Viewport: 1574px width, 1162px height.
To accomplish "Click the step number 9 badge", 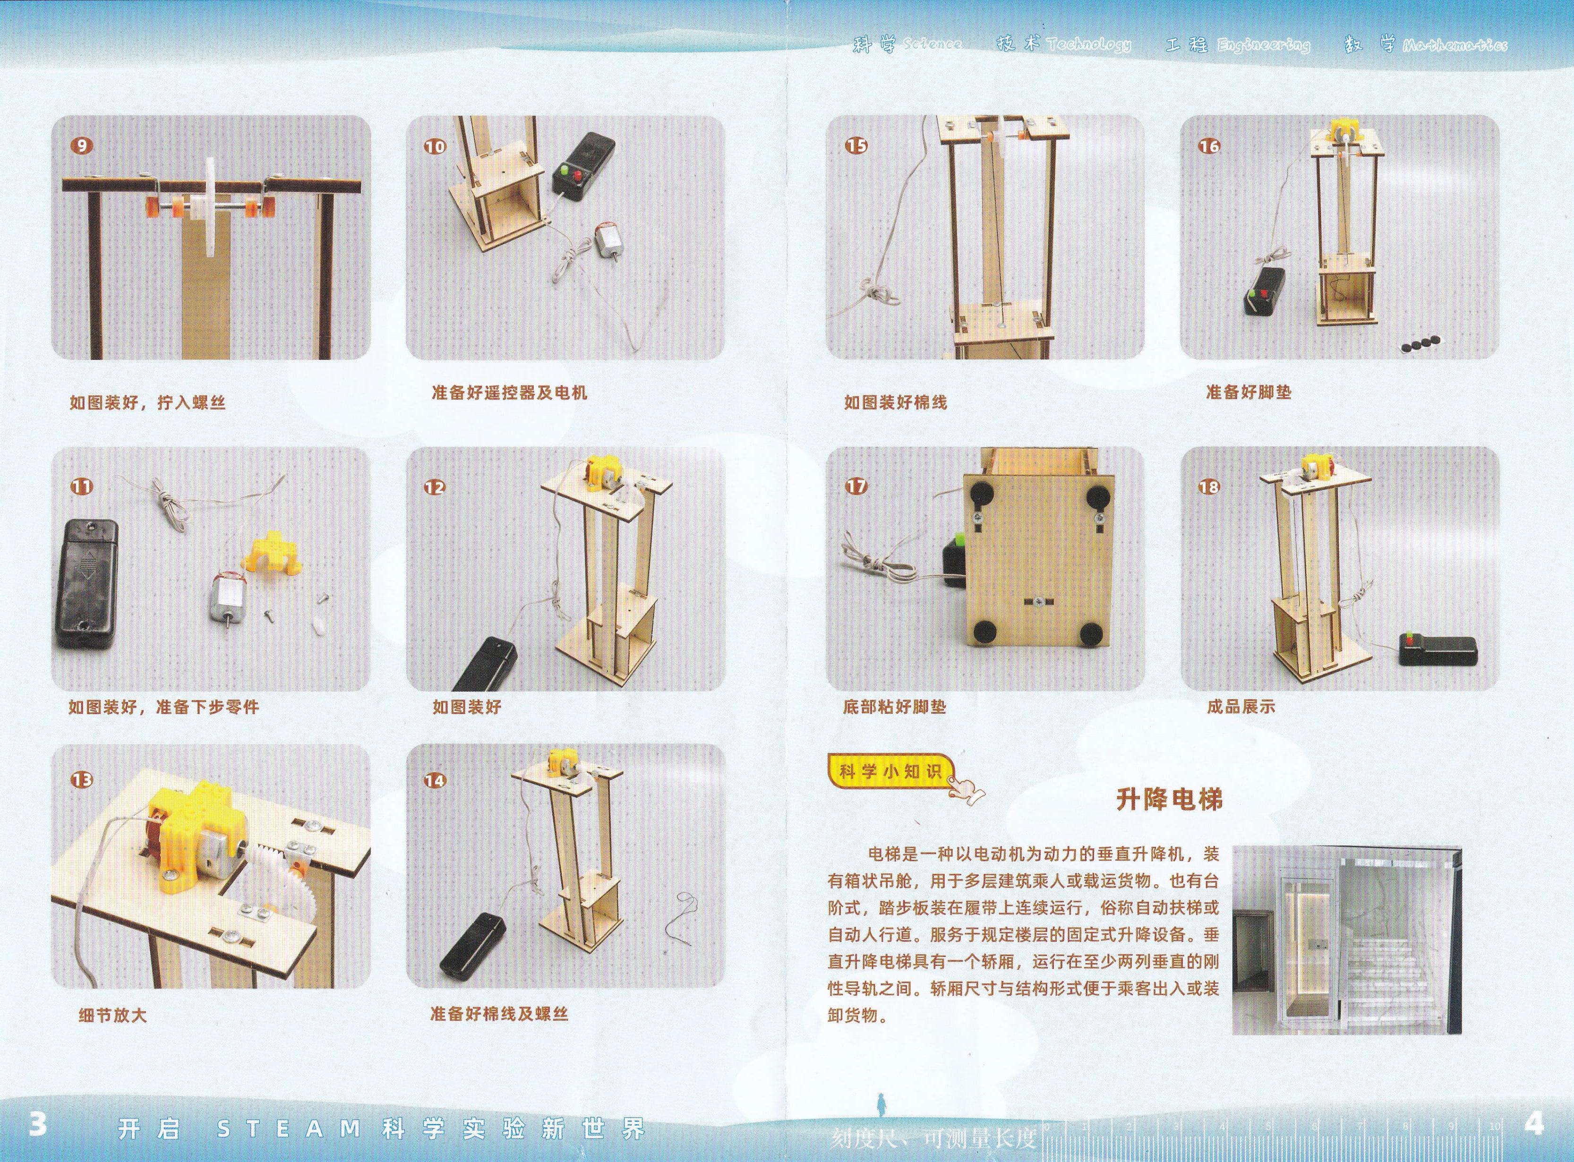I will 82,145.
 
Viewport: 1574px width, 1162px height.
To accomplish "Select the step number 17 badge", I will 856,486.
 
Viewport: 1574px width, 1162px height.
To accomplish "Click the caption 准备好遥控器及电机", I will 509,393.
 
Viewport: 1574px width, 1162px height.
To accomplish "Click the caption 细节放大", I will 112,1015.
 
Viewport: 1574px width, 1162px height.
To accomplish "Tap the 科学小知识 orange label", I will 890,772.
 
